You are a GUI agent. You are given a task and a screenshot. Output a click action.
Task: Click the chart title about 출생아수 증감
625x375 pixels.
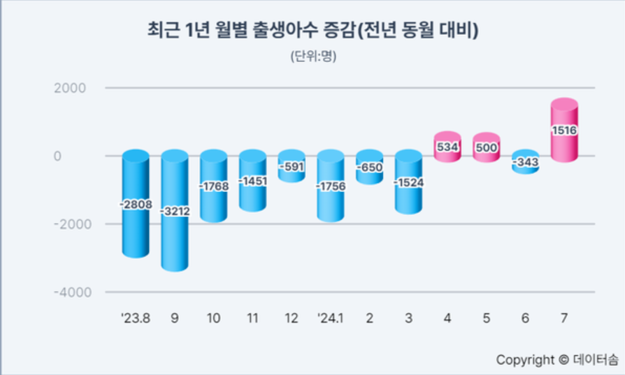click(x=312, y=31)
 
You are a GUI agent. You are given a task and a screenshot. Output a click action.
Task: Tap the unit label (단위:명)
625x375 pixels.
click(x=312, y=57)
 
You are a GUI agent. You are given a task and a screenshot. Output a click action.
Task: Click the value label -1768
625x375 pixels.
click(x=214, y=186)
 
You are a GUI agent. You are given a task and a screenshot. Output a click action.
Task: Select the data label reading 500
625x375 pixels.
click(x=487, y=148)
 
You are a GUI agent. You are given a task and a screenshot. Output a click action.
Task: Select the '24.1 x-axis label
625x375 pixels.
click(x=331, y=318)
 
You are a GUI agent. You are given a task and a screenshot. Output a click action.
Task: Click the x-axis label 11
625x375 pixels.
click(x=252, y=318)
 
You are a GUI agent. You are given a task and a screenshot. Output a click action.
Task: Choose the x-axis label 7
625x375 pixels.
click(x=564, y=318)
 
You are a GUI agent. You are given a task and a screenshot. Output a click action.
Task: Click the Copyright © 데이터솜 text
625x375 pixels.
click(x=557, y=360)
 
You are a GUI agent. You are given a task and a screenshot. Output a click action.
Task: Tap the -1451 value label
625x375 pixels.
click(x=252, y=181)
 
